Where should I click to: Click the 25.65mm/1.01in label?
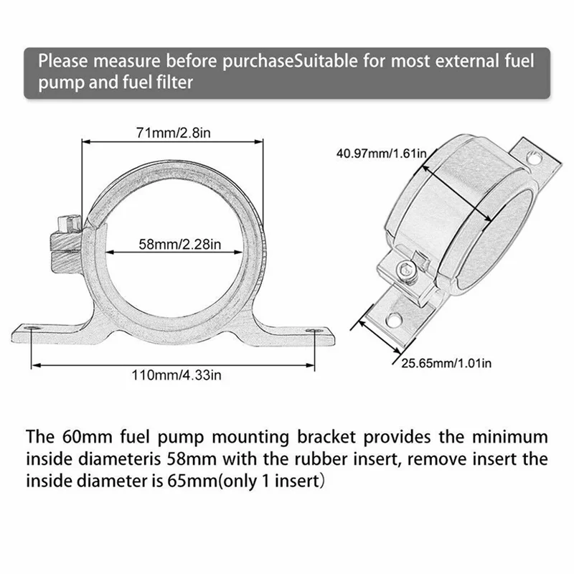point(446,364)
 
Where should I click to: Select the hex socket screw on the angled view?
point(404,270)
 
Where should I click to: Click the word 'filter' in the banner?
point(173,83)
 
